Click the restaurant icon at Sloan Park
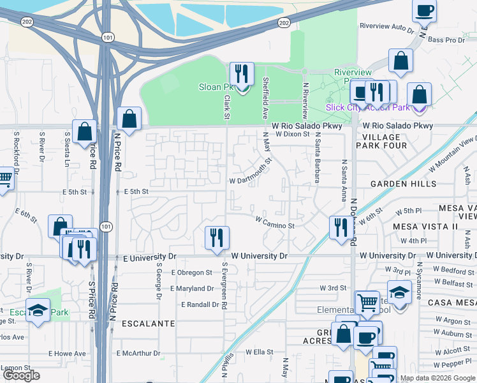242,75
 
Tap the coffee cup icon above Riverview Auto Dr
424,10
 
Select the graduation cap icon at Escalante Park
38,311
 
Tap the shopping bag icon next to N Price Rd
129,119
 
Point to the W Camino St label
275,225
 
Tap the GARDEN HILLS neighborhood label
404,184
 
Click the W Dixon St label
292,135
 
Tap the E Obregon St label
191,273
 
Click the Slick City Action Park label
367,107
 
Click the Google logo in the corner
22,375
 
